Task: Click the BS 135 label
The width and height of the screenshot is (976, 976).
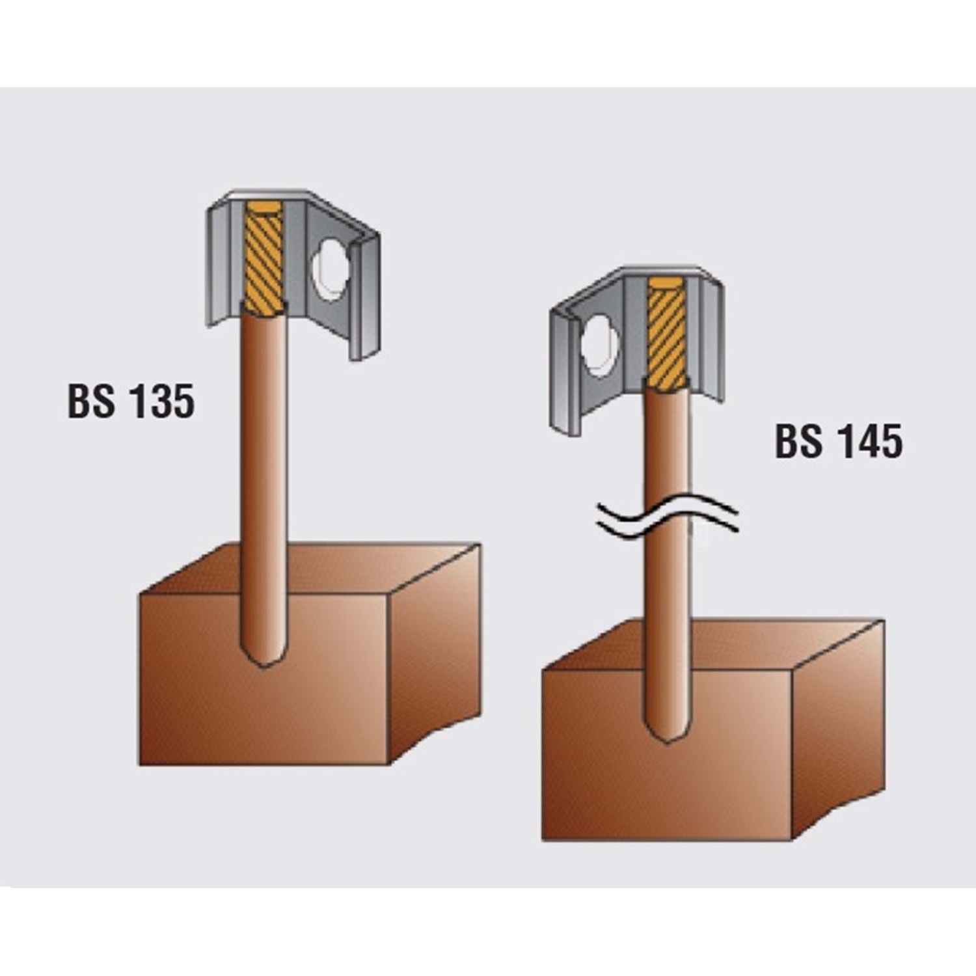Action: [131, 401]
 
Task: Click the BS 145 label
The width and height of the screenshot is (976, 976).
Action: [839, 441]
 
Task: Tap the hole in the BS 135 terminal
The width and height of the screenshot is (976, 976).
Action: [331, 269]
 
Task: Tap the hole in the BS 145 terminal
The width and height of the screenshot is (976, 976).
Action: [599, 346]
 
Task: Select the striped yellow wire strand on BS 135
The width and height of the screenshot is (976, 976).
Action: [264, 256]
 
